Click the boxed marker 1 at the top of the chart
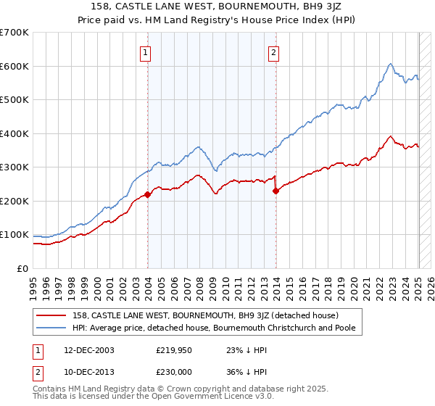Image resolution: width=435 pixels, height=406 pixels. pos(146,52)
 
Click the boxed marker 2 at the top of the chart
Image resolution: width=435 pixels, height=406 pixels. pos(274,52)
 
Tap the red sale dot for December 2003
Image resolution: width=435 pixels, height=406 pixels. pos(148,194)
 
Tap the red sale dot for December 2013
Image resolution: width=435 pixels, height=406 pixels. pos(276,191)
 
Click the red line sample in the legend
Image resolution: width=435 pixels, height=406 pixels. pos(51,315)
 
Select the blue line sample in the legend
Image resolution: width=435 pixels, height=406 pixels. pos(51,328)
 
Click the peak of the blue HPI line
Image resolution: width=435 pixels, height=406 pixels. pos(390,64)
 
